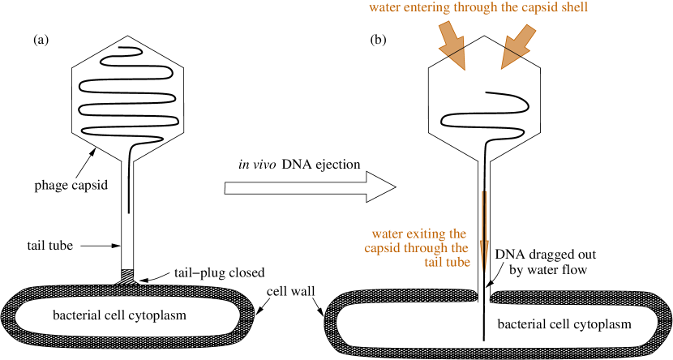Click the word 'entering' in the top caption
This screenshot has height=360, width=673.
tap(421, 8)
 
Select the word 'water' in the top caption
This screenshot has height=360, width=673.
tap(384, 8)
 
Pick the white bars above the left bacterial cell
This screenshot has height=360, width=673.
tap(127, 165)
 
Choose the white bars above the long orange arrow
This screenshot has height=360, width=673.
tap(484, 165)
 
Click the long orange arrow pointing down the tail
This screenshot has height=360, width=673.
tap(485, 231)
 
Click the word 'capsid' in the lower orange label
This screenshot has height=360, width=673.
tap(382, 248)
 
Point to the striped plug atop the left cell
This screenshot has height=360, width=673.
tap(127, 276)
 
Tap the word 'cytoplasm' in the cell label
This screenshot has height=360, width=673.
tap(157, 315)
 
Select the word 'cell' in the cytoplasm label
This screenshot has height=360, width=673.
tap(114, 315)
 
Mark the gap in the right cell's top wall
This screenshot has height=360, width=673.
tap(486, 298)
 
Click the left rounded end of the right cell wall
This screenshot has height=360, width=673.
tap(332, 322)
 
